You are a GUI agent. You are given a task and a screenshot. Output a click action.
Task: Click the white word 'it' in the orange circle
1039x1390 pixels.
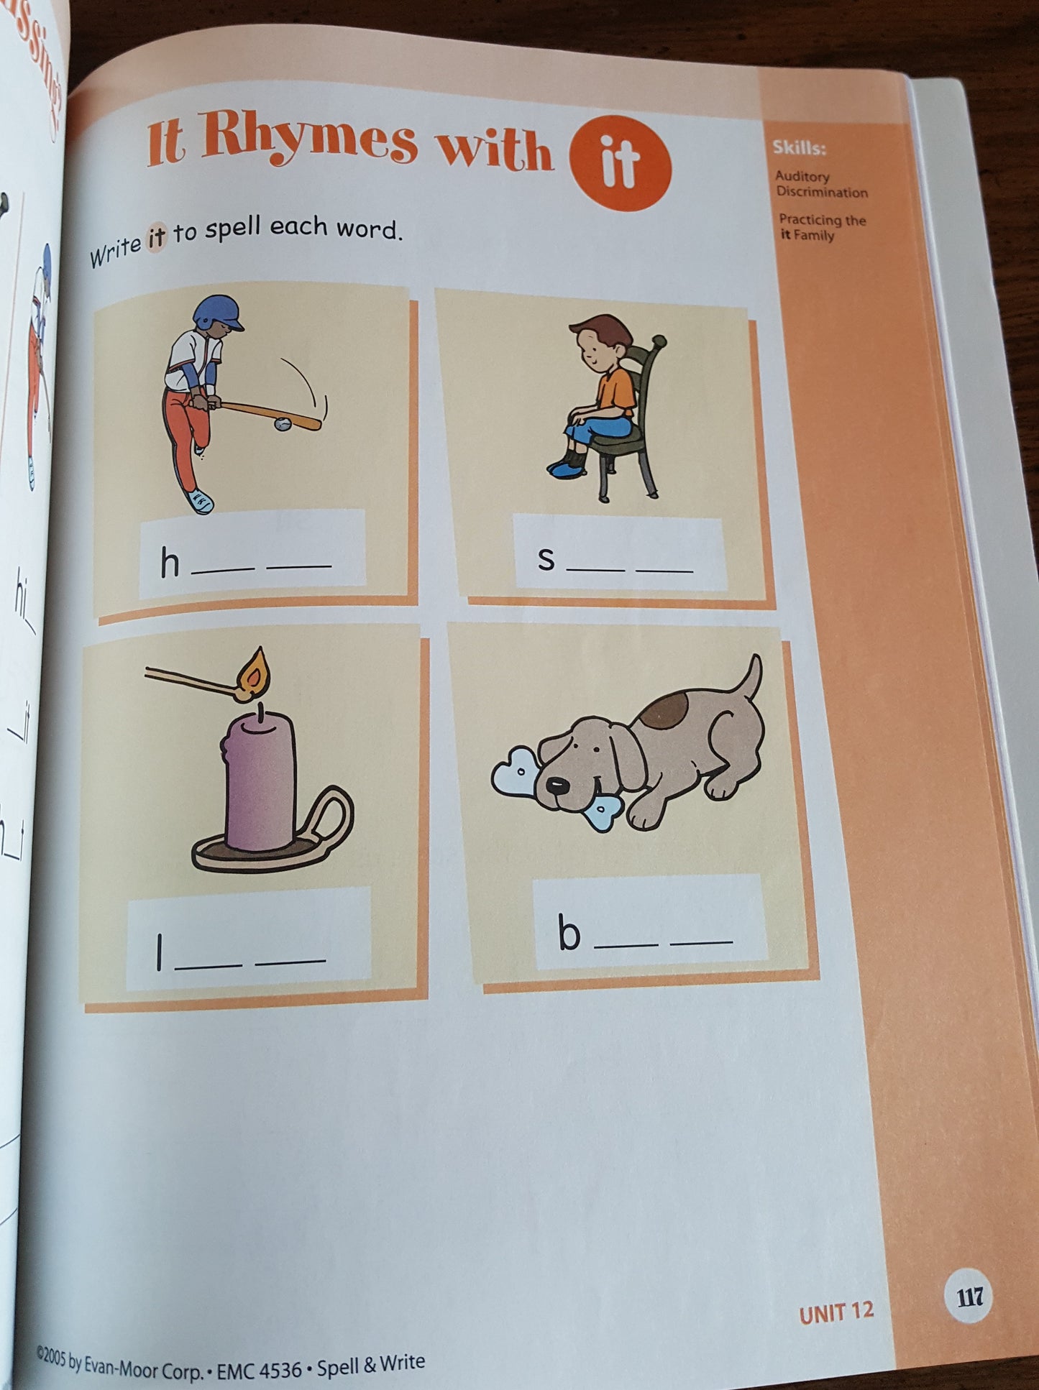[620, 164]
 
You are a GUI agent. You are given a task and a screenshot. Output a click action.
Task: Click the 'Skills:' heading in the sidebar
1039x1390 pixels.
[799, 148]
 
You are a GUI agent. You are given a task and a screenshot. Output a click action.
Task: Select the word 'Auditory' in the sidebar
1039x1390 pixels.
[802, 176]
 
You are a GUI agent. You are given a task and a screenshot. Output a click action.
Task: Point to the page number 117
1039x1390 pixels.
[969, 1297]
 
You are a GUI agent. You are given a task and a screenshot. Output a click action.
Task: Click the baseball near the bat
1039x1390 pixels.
[283, 424]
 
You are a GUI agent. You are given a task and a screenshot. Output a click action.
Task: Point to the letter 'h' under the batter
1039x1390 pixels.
[170, 563]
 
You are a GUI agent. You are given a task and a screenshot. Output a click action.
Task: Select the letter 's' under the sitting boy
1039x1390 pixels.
[546, 559]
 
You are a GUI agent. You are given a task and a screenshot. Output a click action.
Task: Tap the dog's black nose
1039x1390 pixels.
[556, 785]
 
